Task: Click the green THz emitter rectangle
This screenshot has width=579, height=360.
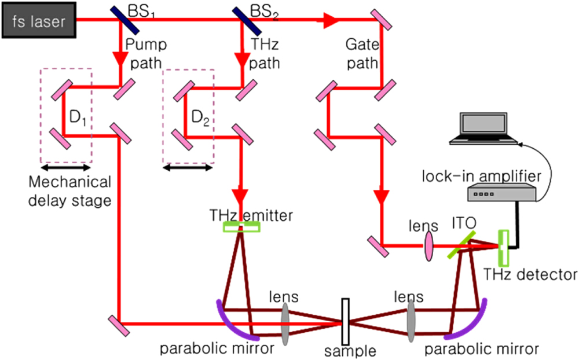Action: (x=242, y=227)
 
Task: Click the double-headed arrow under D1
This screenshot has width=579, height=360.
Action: (x=65, y=168)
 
